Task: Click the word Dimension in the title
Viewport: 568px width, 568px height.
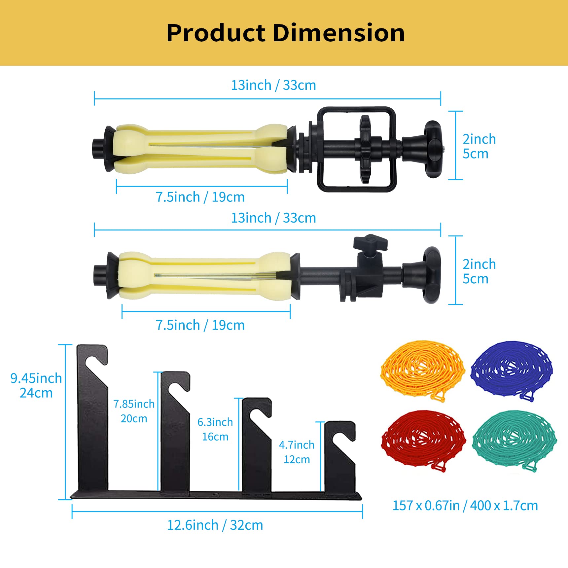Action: point(339,33)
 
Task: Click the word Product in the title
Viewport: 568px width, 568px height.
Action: point(216,33)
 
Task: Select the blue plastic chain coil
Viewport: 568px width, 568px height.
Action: point(512,371)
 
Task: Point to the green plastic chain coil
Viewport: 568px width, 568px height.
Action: point(515,440)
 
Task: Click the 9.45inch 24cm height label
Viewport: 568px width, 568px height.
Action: point(36,385)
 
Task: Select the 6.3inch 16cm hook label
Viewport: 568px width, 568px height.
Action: point(215,429)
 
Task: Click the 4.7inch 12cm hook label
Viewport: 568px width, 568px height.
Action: point(297,452)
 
